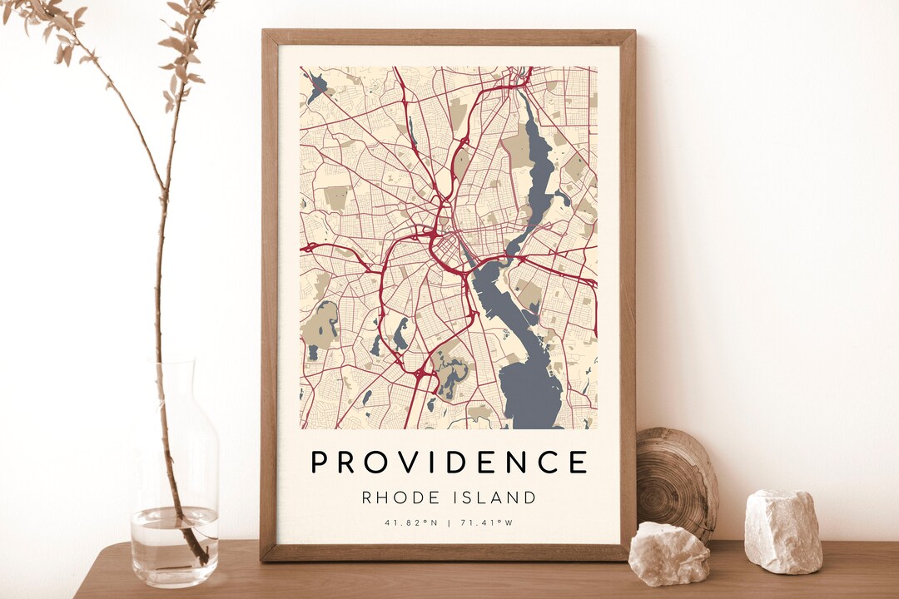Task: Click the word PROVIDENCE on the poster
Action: point(449,462)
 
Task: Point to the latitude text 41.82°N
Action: point(410,523)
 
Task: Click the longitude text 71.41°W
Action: point(486,523)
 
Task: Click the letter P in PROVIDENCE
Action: point(320,462)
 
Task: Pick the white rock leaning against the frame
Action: point(668,553)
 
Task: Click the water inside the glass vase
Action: point(174,545)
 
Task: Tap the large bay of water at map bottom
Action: point(529,391)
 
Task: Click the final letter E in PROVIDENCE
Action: point(579,462)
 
